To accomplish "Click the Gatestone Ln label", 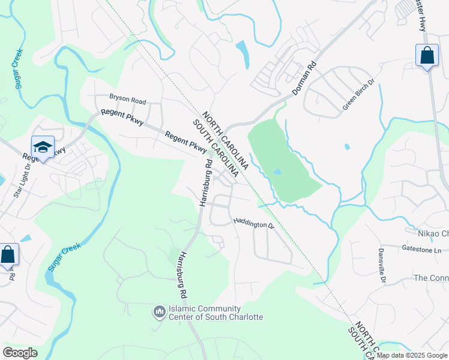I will [421, 248].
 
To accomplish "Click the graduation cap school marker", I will [43, 147].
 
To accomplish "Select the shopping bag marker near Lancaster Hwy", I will [426, 56].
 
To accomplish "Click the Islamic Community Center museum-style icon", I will [159, 312].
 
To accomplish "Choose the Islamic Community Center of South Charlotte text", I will [217, 313].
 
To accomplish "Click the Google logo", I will [20, 353].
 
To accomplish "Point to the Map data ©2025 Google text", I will [412, 355].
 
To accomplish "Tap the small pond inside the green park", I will [277, 172].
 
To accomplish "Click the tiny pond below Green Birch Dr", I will [347, 146].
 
